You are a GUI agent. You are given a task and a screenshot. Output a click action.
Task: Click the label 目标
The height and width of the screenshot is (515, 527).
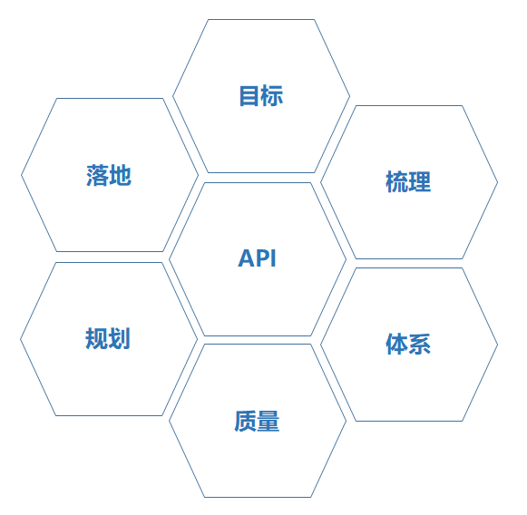click(261, 96)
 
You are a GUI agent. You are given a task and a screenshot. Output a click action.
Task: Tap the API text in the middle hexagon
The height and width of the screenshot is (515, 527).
click(257, 258)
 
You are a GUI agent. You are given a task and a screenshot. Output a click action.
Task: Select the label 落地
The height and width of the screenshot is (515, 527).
click(109, 175)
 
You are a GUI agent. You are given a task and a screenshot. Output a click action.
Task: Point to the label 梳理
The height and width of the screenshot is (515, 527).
click(408, 181)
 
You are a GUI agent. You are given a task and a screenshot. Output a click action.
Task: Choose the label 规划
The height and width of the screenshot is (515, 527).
click(108, 338)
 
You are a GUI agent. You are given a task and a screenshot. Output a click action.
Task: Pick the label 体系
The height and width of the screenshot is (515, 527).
click(408, 344)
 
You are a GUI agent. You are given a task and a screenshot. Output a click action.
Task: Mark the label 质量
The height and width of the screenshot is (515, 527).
click(257, 421)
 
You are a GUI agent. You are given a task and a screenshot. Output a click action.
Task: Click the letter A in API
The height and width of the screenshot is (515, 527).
click(246, 258)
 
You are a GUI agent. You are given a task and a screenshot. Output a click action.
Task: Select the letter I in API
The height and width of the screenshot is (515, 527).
click(274, 258)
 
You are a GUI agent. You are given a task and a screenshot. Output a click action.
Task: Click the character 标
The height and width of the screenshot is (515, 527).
click(272, 96)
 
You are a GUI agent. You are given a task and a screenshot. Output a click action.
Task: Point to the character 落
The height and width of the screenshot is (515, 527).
click(97, 175)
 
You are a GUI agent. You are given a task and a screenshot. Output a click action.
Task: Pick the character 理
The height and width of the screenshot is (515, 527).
click(420, 181)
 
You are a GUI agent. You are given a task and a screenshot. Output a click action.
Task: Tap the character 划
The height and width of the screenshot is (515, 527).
click(119, 338)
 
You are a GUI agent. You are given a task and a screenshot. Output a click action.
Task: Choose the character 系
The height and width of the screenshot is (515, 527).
click(420, 344)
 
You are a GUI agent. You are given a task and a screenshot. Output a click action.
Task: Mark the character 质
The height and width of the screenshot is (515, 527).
click(246, 421)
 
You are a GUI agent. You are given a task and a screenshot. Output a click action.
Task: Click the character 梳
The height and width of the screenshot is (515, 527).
click(397, 181)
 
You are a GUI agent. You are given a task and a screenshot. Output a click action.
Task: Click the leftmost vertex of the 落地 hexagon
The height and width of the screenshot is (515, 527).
click(21, 175)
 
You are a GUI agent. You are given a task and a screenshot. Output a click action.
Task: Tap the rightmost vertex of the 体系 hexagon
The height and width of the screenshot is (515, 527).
click(497, 345)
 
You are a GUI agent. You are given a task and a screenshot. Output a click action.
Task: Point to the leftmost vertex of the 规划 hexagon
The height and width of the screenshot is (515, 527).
click(20, 339)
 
